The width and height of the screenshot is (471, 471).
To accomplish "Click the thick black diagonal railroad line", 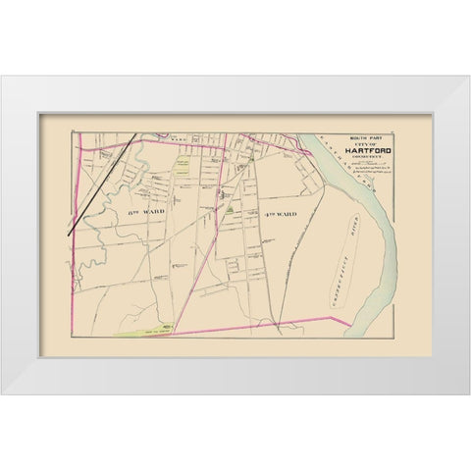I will tap(99, 185).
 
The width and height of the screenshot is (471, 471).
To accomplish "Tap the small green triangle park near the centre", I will tap(228, 208).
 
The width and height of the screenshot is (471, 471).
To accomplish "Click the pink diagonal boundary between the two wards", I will tap(209, 245).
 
